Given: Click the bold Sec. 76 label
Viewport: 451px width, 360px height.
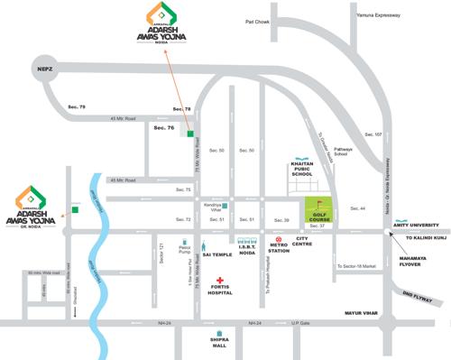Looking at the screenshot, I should [163, 128].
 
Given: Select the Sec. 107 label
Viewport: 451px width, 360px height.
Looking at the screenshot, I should [372, 134].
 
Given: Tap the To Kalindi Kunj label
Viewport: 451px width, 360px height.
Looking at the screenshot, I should [426, 239].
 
